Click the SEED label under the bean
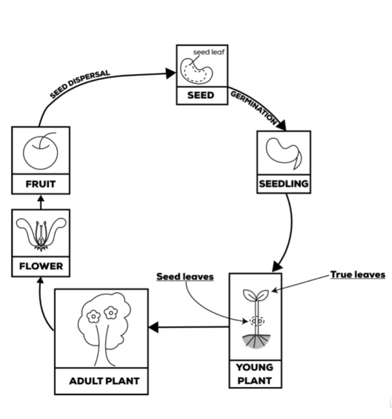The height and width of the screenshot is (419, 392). click(202, 96)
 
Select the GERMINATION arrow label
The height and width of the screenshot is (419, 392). click(254, 108)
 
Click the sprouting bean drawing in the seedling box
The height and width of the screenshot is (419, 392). click(282, 151)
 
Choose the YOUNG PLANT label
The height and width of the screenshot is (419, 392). click(254, 374)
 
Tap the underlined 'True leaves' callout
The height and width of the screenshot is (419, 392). click(357, 274)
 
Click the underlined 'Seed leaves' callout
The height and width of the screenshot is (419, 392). click(185, 277)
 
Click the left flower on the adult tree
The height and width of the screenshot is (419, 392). click(93, 314)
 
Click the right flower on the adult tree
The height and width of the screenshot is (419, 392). click(111, 313)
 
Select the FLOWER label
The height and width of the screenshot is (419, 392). click(41, 265)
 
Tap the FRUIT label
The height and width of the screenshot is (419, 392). click(40, 182)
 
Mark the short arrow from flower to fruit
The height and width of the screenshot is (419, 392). click(41, 202)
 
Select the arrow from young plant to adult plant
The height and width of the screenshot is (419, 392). click(189, 326)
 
